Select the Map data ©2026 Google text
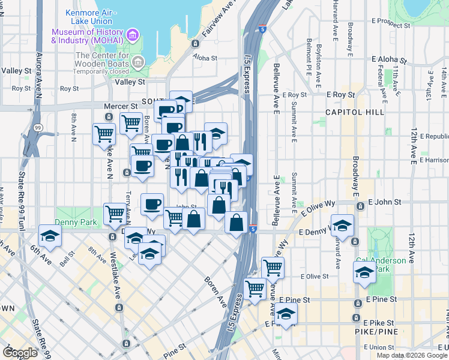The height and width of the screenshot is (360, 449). coord(412,355)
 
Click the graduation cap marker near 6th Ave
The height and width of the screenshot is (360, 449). coord(50,235)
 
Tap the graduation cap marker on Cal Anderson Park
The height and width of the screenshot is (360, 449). coord(364,272)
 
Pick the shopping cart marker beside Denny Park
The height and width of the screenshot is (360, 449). coord(115,214)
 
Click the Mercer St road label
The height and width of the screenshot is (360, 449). coord(116,106)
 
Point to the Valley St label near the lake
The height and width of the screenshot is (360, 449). coord(130,82)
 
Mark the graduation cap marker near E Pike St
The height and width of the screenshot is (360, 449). coord(286,314)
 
